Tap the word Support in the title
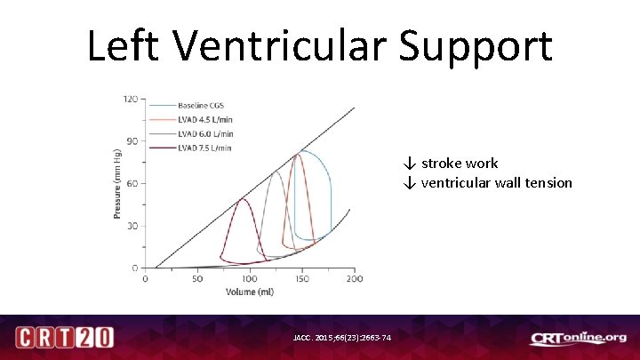coord(476,45)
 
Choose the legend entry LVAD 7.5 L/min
coord(207,148)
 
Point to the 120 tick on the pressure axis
coord(130,99)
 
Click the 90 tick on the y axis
coord(132,140)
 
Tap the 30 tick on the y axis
coord(132,226)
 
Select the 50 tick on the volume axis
coord(197,278)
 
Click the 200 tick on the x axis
coord(354,278)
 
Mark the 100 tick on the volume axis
coord(250,278)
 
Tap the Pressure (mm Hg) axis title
coord(117,184)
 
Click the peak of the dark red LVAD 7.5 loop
coord(241,199)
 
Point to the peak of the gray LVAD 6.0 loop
coord(276,172)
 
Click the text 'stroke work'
coord(459,164)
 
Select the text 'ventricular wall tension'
coord(496,183)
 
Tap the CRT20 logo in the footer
coord(64,338)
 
